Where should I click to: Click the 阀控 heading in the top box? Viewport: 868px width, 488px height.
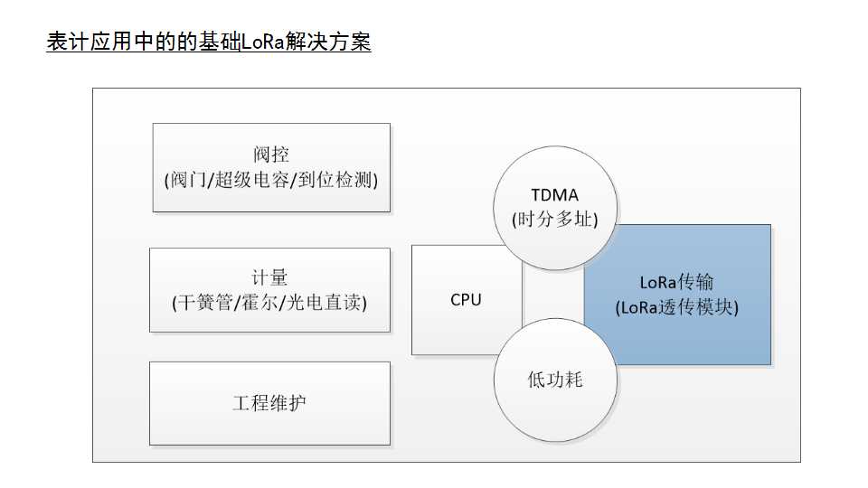271,154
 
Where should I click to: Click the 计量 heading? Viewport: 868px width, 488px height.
270,277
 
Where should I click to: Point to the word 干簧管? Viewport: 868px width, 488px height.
205,302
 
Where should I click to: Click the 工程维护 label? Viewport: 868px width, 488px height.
269,402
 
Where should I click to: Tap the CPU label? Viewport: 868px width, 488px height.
466,300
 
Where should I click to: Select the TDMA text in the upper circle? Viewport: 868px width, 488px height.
555,195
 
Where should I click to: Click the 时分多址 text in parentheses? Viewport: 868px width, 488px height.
555,219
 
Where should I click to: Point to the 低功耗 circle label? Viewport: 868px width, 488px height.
555,380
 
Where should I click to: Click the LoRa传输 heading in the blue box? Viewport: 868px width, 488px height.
676,283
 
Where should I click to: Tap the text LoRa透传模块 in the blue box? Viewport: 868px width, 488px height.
677,307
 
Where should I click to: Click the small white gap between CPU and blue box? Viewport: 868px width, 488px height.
553,298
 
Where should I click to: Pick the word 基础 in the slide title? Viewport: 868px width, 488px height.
220,42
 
